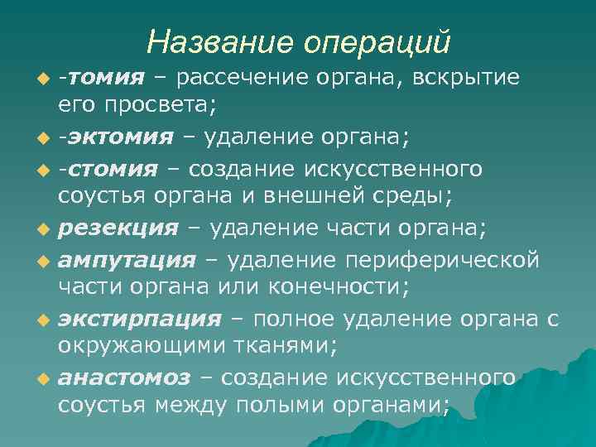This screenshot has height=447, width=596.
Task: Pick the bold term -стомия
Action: [108, 170]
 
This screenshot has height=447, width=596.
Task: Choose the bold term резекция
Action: [118, 228]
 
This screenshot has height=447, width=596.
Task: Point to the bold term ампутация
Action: [126, 262]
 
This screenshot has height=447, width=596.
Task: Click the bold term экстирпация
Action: [139, 320]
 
